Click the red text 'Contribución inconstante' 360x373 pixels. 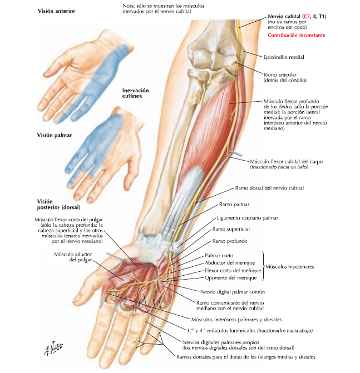pyautogui.click(x=296, y=35)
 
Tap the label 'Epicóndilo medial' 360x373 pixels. pyautogui.click(x=284, y=57)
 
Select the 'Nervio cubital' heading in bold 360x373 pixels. pyautogui.click(x=284, y=17)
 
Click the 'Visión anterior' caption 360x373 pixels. pyautogui.click(x=56, y=11)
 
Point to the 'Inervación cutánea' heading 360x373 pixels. pyautogui.click(x=135, y=93)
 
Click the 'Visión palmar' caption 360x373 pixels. pyautogui.click(x=55, y=135)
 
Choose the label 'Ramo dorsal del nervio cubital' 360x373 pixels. pyautogui.click(x=269, y=188)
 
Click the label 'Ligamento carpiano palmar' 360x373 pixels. pyautogui.click(x=247, y=218)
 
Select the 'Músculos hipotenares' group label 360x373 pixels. pyautogui.click(x=289, y=267)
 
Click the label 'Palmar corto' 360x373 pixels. pyautogui.click(x=219, y=256)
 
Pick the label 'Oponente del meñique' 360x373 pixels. pyautogui.click(x=230, y=278)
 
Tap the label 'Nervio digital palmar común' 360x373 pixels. pyautogui.click(x=233, y=292)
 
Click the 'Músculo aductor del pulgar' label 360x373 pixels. pyautogui.click(x=73, y=257)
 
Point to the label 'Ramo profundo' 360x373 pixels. pyautogui.click(x=230, y=241)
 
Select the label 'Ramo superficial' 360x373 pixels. pyautogui.click(x=231, y=229)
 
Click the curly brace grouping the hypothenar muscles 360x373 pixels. pyautogui.click(x=264, y=266)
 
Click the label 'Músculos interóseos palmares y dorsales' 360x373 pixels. pyautogui.click(x=236, y=320)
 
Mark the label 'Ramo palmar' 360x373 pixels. pyautogui.click(x=234, y=205)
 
